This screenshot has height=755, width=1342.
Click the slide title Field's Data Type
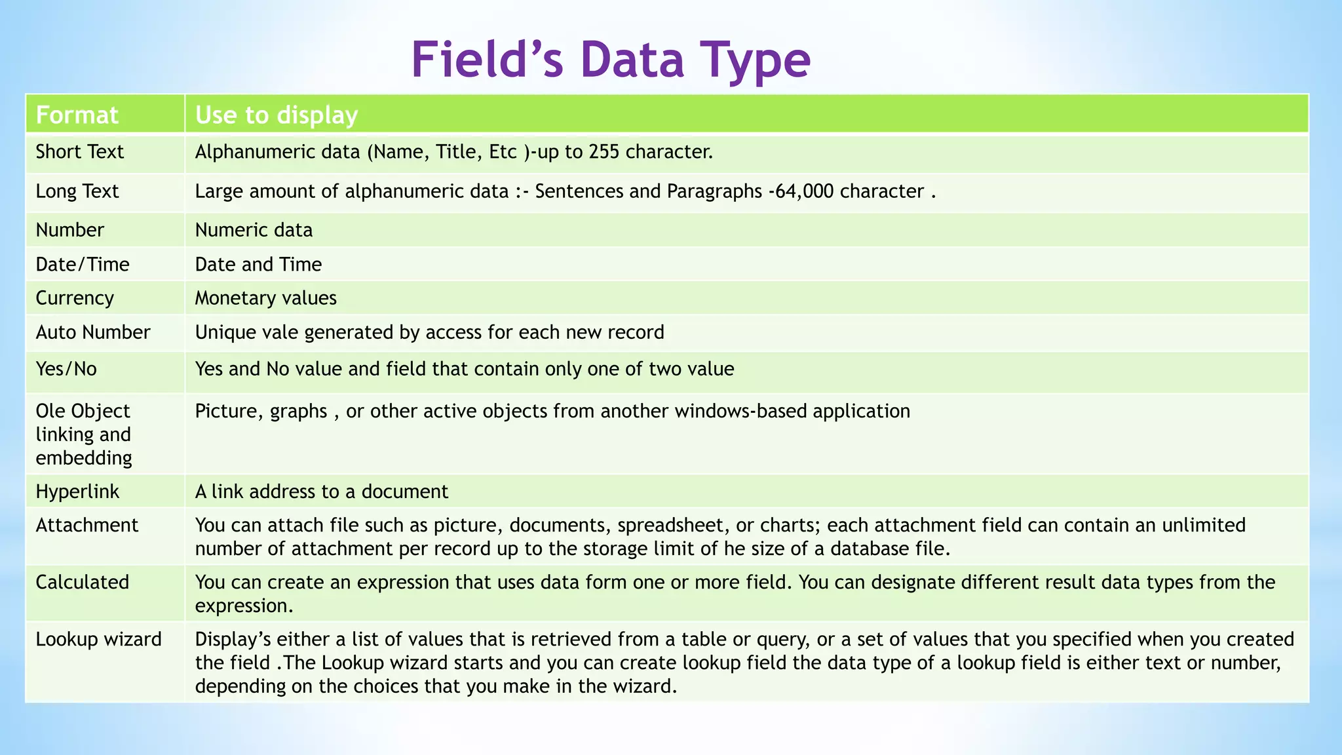[611, 60]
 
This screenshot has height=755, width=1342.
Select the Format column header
[77, 115]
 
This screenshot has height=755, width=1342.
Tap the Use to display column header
[277, 115]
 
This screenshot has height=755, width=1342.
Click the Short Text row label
[79, 152]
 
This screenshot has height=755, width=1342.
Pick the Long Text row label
[77, 191]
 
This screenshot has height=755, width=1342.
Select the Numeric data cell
[254, 230]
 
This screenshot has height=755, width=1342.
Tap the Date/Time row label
[83, 264]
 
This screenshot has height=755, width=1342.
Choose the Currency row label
[75, 298]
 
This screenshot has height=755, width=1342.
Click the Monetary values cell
[265, 298]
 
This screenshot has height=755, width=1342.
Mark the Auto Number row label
[93, 332]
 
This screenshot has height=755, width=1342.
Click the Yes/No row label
[66, 369]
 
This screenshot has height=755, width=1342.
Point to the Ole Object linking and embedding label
[83, 434]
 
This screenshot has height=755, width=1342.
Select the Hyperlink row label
[77, 492]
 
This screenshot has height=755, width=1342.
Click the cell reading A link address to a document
[321, 492]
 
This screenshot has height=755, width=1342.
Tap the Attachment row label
[87, 525]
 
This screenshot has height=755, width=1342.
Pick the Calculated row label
[83, 582]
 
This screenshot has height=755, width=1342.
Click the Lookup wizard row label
[98, 639]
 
